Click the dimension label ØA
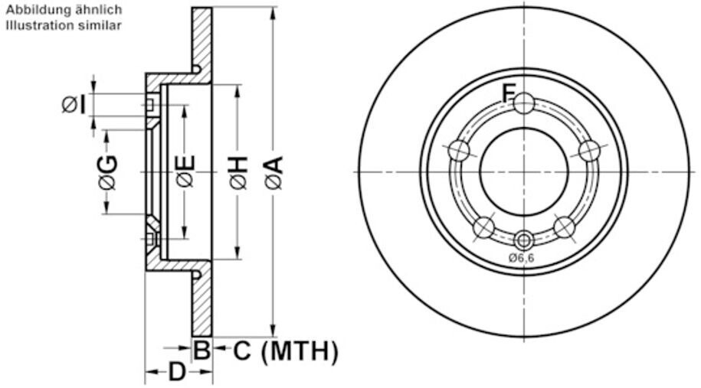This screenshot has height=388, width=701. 274,171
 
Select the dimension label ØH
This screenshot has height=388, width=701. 238,171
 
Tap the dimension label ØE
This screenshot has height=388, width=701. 185,171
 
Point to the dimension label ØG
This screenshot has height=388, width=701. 106,171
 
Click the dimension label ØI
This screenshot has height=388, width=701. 74,104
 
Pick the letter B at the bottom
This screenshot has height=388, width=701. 201,351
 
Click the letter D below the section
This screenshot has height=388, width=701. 177,373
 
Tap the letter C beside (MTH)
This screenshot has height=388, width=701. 241,351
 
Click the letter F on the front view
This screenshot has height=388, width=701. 508,93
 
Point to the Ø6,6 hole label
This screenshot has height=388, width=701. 521,258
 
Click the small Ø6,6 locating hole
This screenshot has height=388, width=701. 523,238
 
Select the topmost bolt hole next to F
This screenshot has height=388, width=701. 524,103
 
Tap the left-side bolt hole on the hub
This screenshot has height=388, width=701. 459,151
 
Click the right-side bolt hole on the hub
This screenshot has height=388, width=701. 588,151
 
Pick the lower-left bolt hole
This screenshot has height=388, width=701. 484,227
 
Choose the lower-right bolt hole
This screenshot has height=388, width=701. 564,227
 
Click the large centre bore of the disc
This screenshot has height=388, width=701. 524,171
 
